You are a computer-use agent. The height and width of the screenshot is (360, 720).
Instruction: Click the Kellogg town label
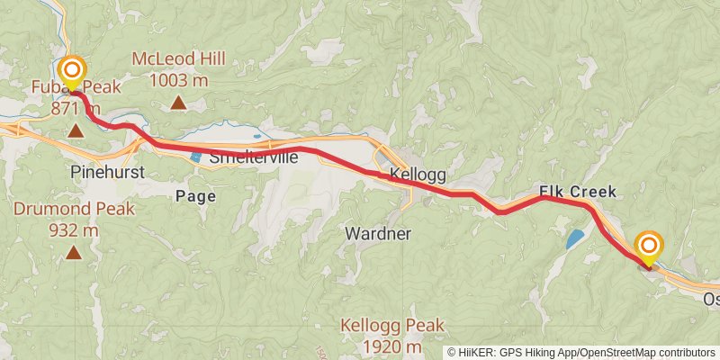coord(418,174)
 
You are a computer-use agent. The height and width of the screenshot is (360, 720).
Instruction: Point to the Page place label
coord(195,194)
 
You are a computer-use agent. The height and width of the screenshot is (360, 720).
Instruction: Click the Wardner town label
coord(378,234)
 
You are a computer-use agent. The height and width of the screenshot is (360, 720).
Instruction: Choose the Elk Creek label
coord(578,192)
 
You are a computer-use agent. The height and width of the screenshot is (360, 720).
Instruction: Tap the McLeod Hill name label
coord(178,59)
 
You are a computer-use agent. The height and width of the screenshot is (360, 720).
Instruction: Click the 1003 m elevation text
coord(179,80)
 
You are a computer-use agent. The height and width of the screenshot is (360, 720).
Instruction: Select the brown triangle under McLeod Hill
coord(179,103)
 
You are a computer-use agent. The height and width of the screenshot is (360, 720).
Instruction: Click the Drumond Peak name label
coord(74,209)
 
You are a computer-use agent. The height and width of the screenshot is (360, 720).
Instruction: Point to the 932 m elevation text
coord(74,229)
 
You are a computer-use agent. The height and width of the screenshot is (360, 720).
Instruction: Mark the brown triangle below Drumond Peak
coord(73,253)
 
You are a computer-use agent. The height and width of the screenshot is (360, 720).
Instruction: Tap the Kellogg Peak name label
coord(382,325)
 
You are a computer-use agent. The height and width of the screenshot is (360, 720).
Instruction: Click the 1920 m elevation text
coord(382,346)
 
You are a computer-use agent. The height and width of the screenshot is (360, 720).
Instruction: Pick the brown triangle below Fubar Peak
coord(76,132)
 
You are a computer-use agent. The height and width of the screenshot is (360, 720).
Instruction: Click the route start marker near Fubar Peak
coord(71,71)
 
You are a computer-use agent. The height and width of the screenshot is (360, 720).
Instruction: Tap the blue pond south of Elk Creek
coord(574,238)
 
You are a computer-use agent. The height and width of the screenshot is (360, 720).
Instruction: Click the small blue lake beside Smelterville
coord(196,157)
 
